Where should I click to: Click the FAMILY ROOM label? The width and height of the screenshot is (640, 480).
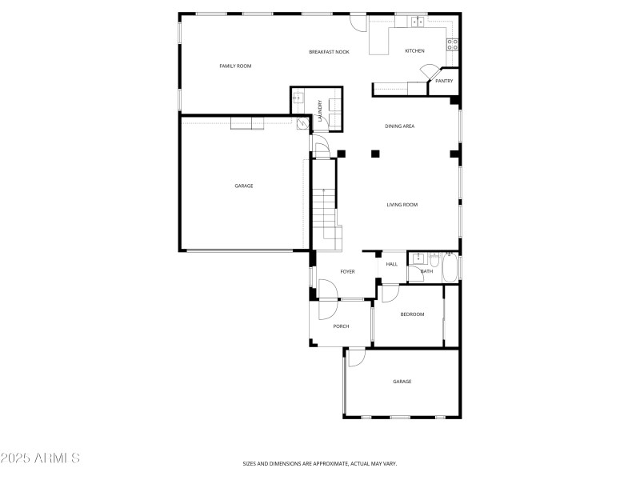(235, 66)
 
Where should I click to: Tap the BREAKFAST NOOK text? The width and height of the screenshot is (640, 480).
(330, 52)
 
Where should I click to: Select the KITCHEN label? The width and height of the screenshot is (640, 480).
(414, 51)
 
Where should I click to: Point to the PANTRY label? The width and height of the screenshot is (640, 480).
(444, 81)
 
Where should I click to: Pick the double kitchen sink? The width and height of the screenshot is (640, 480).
(418, 22)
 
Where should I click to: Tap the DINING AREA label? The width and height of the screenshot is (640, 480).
(399, 126)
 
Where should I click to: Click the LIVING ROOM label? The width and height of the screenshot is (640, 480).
(402, 205)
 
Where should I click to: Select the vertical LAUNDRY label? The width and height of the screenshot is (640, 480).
(319, 110)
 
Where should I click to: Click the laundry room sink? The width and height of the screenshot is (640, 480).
(298, 99)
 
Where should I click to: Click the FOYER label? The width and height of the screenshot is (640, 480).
(347, 272)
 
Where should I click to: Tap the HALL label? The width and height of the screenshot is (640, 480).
(392, 264)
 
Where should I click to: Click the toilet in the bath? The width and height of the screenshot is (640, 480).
(434, 260)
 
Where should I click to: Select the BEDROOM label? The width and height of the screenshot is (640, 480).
(412, 314)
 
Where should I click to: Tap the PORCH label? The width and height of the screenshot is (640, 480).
(342, 326)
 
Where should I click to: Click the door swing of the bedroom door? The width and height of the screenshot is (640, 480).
(389, 294)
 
